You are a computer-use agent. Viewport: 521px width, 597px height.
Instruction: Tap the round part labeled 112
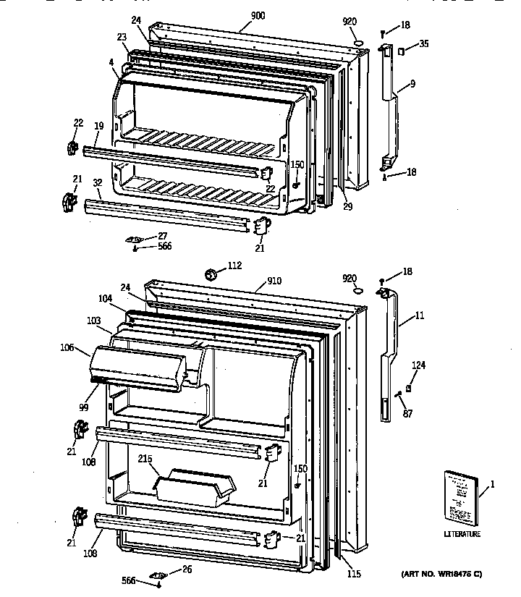(x=212, y=274)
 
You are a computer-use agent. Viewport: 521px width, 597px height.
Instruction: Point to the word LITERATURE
(x=462, y=534)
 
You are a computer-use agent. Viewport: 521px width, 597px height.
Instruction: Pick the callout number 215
(x=144, y=459)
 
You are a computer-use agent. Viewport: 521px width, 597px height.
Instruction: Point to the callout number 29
(x=347, y=207)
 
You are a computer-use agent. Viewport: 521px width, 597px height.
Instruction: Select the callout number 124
(x=419, y=365)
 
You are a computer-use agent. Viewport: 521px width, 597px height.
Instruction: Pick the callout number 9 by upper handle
(x=412, y=84)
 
